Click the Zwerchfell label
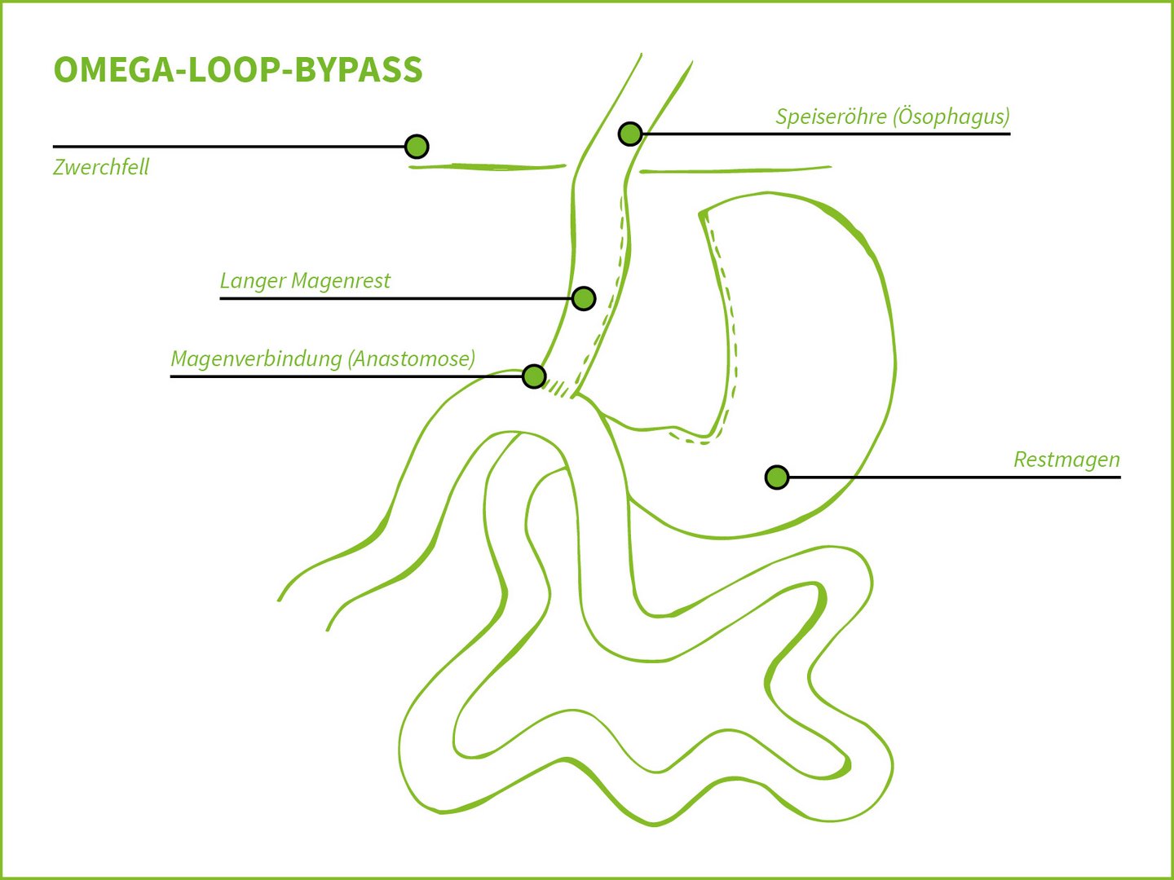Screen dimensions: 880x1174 pyautogui.click(x=101, y=167)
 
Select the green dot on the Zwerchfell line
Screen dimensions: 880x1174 pyautogui.click(x=417, y=147)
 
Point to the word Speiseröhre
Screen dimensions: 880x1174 pyautogui.click(x=831, y=117)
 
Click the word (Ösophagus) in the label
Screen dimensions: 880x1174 pyautogui.click(x=951, y=117)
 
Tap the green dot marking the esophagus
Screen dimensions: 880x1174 pyautogui.click(x=630, y=134)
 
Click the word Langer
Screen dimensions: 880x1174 pyautogui.click(x=252, y=281)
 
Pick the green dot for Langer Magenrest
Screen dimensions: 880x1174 pyautogui.click(x=584, y=298)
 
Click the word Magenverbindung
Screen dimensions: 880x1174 pyautogui.click(x=255, y=359)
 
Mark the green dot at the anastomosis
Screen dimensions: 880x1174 pyautogui.click(x=534, y=376)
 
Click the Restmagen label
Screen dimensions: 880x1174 pyautogui.click(x=1066, y=460)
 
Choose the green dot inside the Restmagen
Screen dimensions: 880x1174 pyautogui.click(x=777, y=477)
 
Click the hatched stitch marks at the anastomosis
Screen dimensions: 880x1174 pyautogui.click(x=559, y=389)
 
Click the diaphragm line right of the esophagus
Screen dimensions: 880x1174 pyautogui.click(x=734, y=170)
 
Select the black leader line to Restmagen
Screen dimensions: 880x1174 pyautogui.click(x=954, y=477)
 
